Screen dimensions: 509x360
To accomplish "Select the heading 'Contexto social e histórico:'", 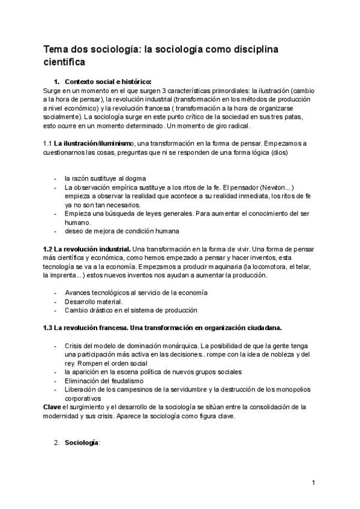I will (108, 82).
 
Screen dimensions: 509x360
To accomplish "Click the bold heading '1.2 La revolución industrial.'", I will (87, 248).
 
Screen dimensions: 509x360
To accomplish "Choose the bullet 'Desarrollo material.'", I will (94, 301).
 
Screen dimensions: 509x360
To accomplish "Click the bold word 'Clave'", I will (52, 406).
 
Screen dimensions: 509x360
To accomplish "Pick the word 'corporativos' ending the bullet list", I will (85, 398).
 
